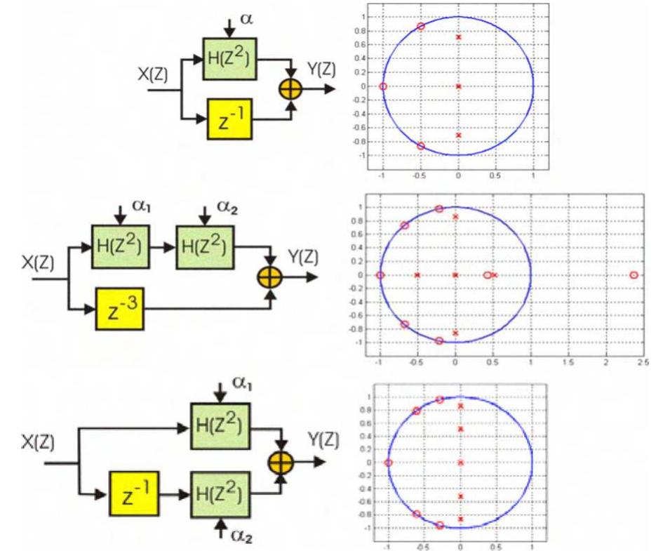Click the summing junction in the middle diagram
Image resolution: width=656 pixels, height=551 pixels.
pyautogui.click(x=271, y=279)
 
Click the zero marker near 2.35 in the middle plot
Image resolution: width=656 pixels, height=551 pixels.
pyautogui.click(x=634, y=275)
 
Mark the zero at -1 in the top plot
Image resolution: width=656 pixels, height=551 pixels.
pyautogui.click(x=383, y=86)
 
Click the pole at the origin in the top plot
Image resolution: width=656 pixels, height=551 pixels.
pyautogui.click(x=458, y=86)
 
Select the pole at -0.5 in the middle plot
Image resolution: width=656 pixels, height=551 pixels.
pyautogui.click(x=417, y=275)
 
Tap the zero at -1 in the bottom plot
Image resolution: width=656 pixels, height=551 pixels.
pyautogui.click(x=388, y=463)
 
